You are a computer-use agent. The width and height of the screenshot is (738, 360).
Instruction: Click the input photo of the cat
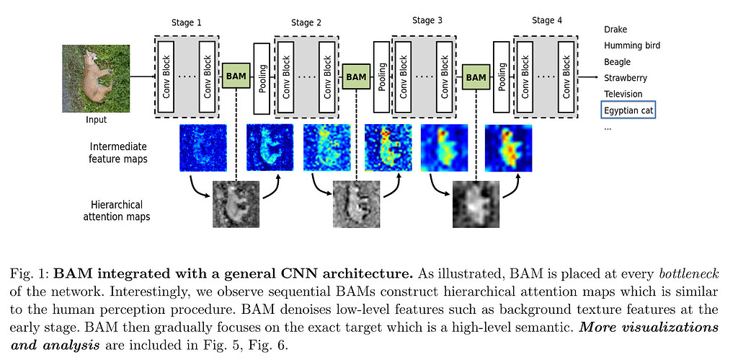(x=96, y=78)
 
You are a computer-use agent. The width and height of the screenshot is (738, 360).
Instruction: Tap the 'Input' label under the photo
(x=96, y=120)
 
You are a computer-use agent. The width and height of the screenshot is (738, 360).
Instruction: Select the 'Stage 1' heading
(x=187, y=22)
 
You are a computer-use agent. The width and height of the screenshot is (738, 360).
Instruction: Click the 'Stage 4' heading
(x=547, y=20)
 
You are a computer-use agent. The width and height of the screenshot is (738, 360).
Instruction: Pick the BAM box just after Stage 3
(x=475, y=75)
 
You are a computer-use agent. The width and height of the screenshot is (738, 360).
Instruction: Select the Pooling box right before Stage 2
(x=263, y=77)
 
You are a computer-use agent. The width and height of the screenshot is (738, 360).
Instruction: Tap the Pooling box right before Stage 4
(x=502, y=77)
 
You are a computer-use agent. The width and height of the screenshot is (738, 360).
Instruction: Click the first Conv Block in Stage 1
(x=166, y=76)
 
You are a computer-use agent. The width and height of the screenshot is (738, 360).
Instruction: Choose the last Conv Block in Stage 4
(x=566, y=76)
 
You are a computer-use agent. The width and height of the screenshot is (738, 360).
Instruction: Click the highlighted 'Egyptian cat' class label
(x=627, y=110)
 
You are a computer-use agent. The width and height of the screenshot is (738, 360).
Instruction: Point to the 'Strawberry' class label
(x=625, y=78)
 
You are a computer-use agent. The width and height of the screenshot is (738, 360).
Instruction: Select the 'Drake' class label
(x=615, y=30)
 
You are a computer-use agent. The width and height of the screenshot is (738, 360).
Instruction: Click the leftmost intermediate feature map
(x=203, y=148)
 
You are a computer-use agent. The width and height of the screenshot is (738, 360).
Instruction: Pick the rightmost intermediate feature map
(x=509, y=148)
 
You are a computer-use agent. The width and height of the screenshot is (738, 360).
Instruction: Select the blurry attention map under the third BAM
(x=476, y=203)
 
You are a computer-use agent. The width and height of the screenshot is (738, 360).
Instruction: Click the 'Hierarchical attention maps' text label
(x=120, y=210)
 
